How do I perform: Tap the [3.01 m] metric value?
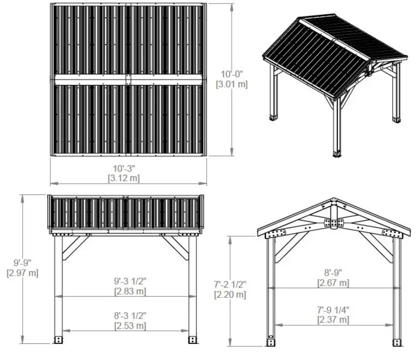pyautogui.click(x=232, y=84)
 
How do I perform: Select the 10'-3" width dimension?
pyautogui.click(x=124, y=168)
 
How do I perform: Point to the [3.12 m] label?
pyautogui.click(x=124, y=178)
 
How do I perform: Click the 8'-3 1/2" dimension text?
pyautogui.click(x=129, y=316)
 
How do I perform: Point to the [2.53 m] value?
pyautogui.click(x=129, y=326)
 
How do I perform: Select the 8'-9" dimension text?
pyautogui.click(x=333, y=272)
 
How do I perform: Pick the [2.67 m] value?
pyautogui.click(x=333, y=282)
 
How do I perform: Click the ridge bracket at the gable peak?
pyautogui.click(x=333, y=222)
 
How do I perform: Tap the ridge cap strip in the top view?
pyautogui.click(x=128, y=80)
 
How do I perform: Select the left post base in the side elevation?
pyautogui.click(x=58, y=339)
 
